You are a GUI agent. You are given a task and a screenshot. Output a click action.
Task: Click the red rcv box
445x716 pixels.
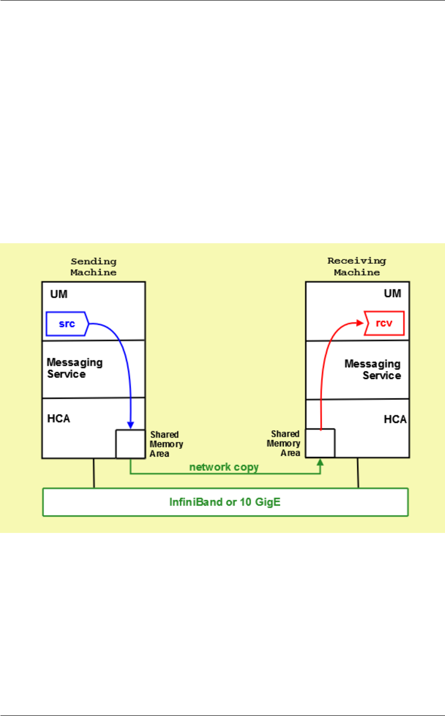click(384, 323)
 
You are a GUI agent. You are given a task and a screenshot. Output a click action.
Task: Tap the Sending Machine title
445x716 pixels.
click(94, 267)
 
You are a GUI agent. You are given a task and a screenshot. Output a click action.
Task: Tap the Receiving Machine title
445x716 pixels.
click(357, 266)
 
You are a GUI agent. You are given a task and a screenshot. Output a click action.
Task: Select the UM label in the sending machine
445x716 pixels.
click(59, 294)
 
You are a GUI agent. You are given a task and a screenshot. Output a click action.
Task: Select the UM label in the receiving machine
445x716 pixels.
click(393, 294)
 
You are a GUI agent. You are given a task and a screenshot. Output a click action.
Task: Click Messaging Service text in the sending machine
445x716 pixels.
click(74, 368)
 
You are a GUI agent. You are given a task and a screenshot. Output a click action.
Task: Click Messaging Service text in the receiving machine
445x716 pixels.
click(372, 370)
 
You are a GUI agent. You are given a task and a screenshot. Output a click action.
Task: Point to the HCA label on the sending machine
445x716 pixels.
click(59, 418)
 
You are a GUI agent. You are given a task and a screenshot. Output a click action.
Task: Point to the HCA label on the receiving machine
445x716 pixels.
click(395, 419)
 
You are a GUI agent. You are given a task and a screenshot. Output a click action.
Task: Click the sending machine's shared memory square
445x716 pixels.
click(130, 444)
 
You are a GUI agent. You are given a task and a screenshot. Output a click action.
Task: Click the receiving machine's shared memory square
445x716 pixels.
click(320, 443)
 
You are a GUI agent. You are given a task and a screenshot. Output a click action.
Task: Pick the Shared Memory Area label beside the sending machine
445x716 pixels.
click(166, 444)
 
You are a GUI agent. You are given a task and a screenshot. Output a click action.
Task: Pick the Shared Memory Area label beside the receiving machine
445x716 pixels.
click(284, 443)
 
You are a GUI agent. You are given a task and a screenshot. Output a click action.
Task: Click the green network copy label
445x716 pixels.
click(223, 467)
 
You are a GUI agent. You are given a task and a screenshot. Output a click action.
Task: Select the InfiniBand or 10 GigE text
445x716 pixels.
click(225, 502)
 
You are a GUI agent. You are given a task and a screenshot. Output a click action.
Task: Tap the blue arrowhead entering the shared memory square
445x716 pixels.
click(130, 425)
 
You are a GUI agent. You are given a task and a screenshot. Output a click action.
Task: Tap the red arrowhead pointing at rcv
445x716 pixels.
click(361, 323)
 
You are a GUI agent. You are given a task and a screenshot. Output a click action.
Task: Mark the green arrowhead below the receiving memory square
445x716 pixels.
click(320, 462)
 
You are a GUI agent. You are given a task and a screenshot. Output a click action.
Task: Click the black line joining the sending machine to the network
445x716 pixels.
click(94, 473)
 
